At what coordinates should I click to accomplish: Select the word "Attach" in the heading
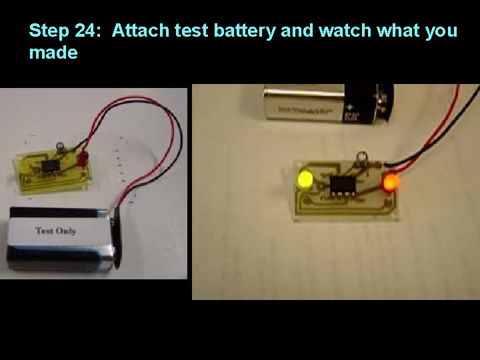(139, 31)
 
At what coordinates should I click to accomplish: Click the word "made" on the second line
(53, 53)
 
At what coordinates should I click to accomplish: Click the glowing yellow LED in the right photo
(306, 179)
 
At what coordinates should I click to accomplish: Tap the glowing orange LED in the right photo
(390, 181)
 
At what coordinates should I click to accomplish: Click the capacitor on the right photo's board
(362, 159)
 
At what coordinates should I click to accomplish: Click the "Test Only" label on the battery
(55, 231)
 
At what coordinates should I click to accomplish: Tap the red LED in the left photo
(83, 159)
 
